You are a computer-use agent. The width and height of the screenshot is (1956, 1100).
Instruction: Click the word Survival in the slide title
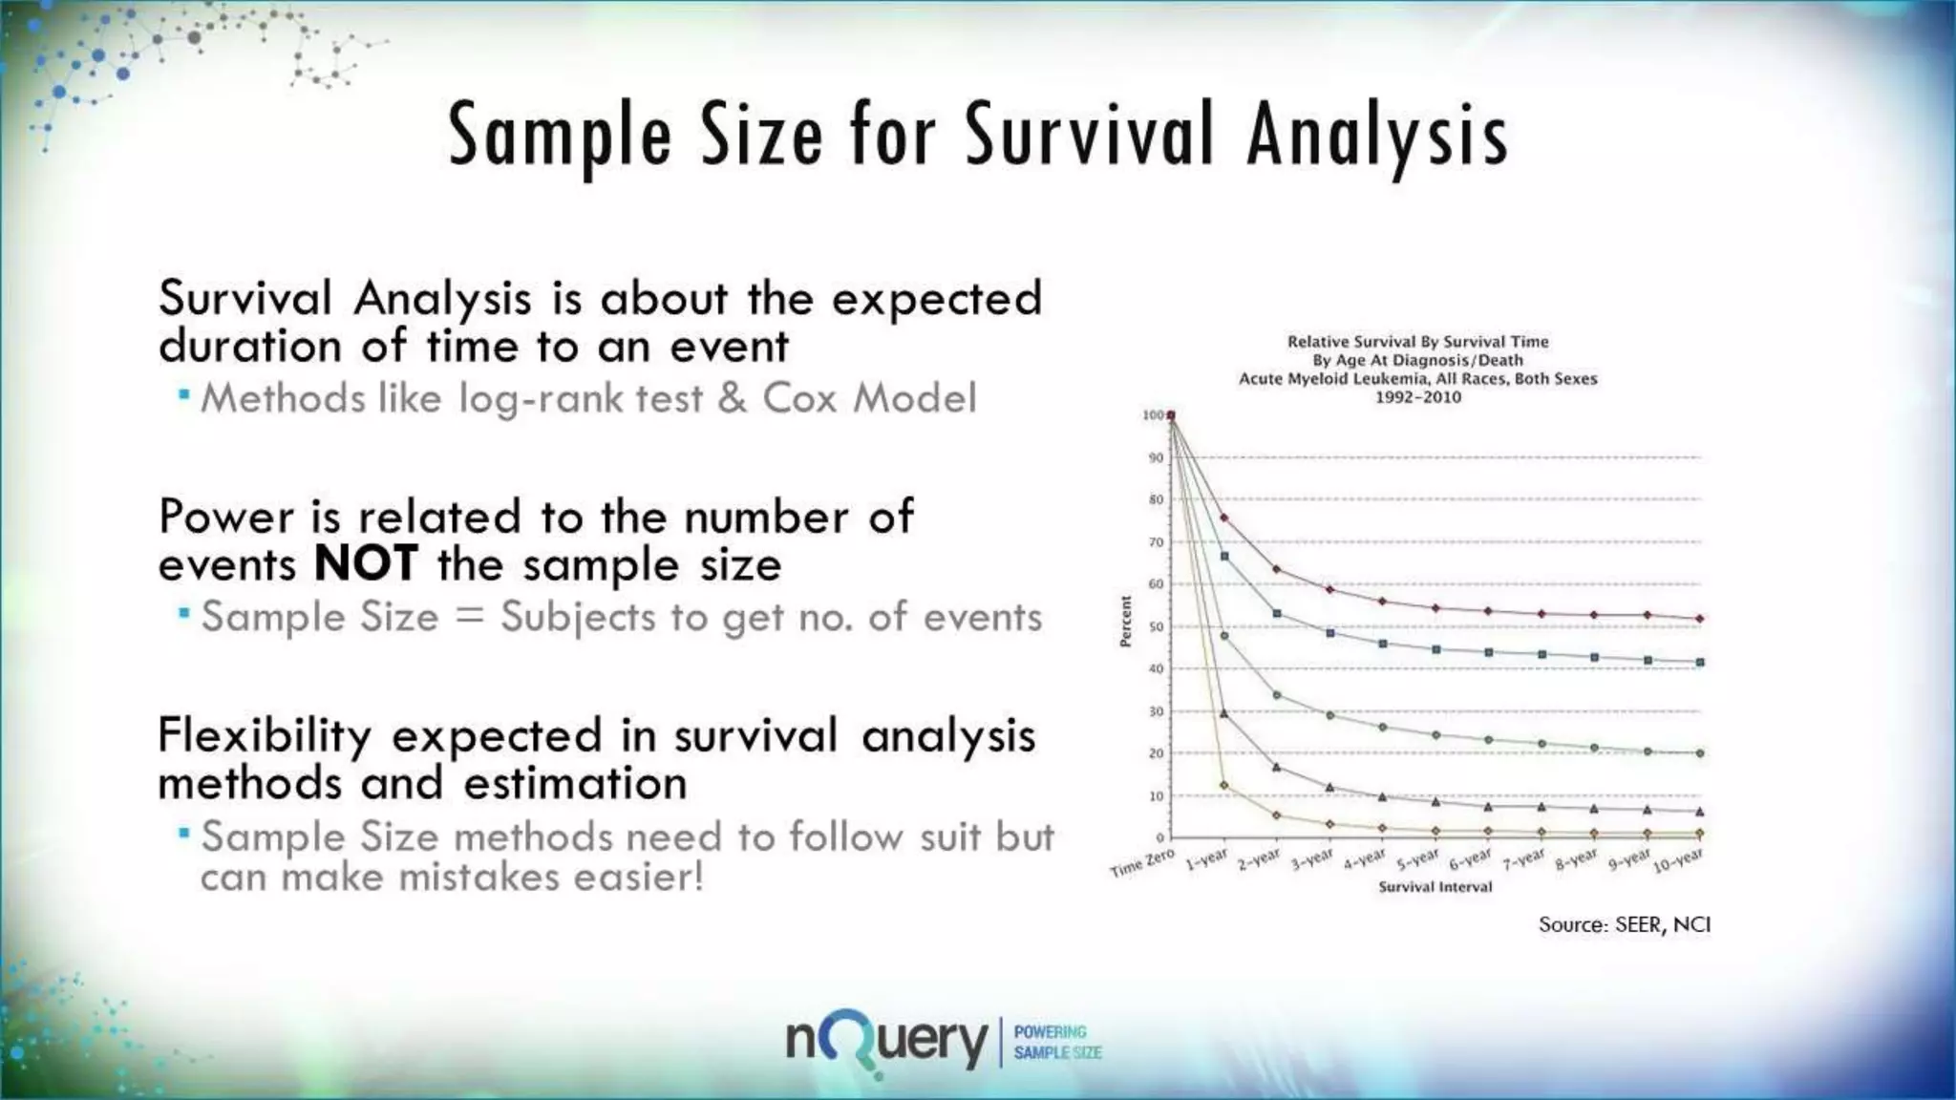click(x=1088, y=135)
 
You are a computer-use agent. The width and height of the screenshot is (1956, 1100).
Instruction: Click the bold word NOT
click(x=366, y=563)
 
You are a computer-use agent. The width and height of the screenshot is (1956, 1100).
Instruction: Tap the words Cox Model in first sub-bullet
click(x=869, y=398)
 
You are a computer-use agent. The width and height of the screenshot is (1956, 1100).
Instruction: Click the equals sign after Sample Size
click(x=470, y=617)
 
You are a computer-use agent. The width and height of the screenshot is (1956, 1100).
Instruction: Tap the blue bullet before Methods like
click(x=184, y=394)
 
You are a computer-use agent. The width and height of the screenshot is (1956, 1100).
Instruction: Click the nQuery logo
click(x=886, y=1043)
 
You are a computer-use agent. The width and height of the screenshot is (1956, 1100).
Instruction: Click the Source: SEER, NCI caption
click(x=1624, y=924)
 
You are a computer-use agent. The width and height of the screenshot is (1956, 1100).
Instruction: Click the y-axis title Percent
click(x=1125, y=622)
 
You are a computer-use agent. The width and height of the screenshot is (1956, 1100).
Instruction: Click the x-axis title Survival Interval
click(x=1435, y=887)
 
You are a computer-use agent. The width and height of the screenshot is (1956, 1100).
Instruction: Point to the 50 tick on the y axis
click(x=1156, y=627)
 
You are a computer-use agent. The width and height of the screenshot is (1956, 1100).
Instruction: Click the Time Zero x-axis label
click(x=1141, y=863)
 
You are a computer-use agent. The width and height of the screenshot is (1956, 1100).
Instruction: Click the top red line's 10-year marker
click(x=1699, y=619)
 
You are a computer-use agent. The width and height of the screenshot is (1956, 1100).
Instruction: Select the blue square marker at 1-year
click(x=1224, y=556)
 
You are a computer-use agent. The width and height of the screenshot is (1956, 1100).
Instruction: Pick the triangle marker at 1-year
click(x=1224, y=713)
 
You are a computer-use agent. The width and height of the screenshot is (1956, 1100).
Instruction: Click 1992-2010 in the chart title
click(x=1417, y=397)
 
